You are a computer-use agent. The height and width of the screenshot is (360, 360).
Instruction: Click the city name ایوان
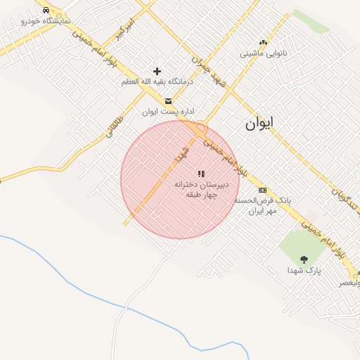coord(259,124)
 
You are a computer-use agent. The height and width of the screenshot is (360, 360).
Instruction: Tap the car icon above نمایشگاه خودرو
coord(46,11)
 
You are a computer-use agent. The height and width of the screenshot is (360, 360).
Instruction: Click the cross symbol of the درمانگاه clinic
coord(157,71)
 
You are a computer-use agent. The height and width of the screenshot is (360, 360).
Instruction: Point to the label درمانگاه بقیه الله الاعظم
coord(157,82)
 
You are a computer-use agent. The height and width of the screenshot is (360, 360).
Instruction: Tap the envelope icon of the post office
coord(167,101)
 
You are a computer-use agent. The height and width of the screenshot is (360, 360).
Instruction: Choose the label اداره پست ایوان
coord(168,112)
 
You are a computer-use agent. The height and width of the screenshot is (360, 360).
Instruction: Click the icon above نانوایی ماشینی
coord(263,42)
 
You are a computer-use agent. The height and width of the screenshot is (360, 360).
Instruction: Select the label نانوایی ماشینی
coord(262,53)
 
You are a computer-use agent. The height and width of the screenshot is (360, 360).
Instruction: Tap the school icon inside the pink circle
coord(201,173)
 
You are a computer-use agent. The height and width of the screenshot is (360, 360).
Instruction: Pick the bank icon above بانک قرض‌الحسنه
coord(262,190)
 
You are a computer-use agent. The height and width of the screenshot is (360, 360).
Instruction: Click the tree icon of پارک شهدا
coord(304,259)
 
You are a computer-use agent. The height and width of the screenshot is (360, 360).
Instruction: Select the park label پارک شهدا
coord(303,270)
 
